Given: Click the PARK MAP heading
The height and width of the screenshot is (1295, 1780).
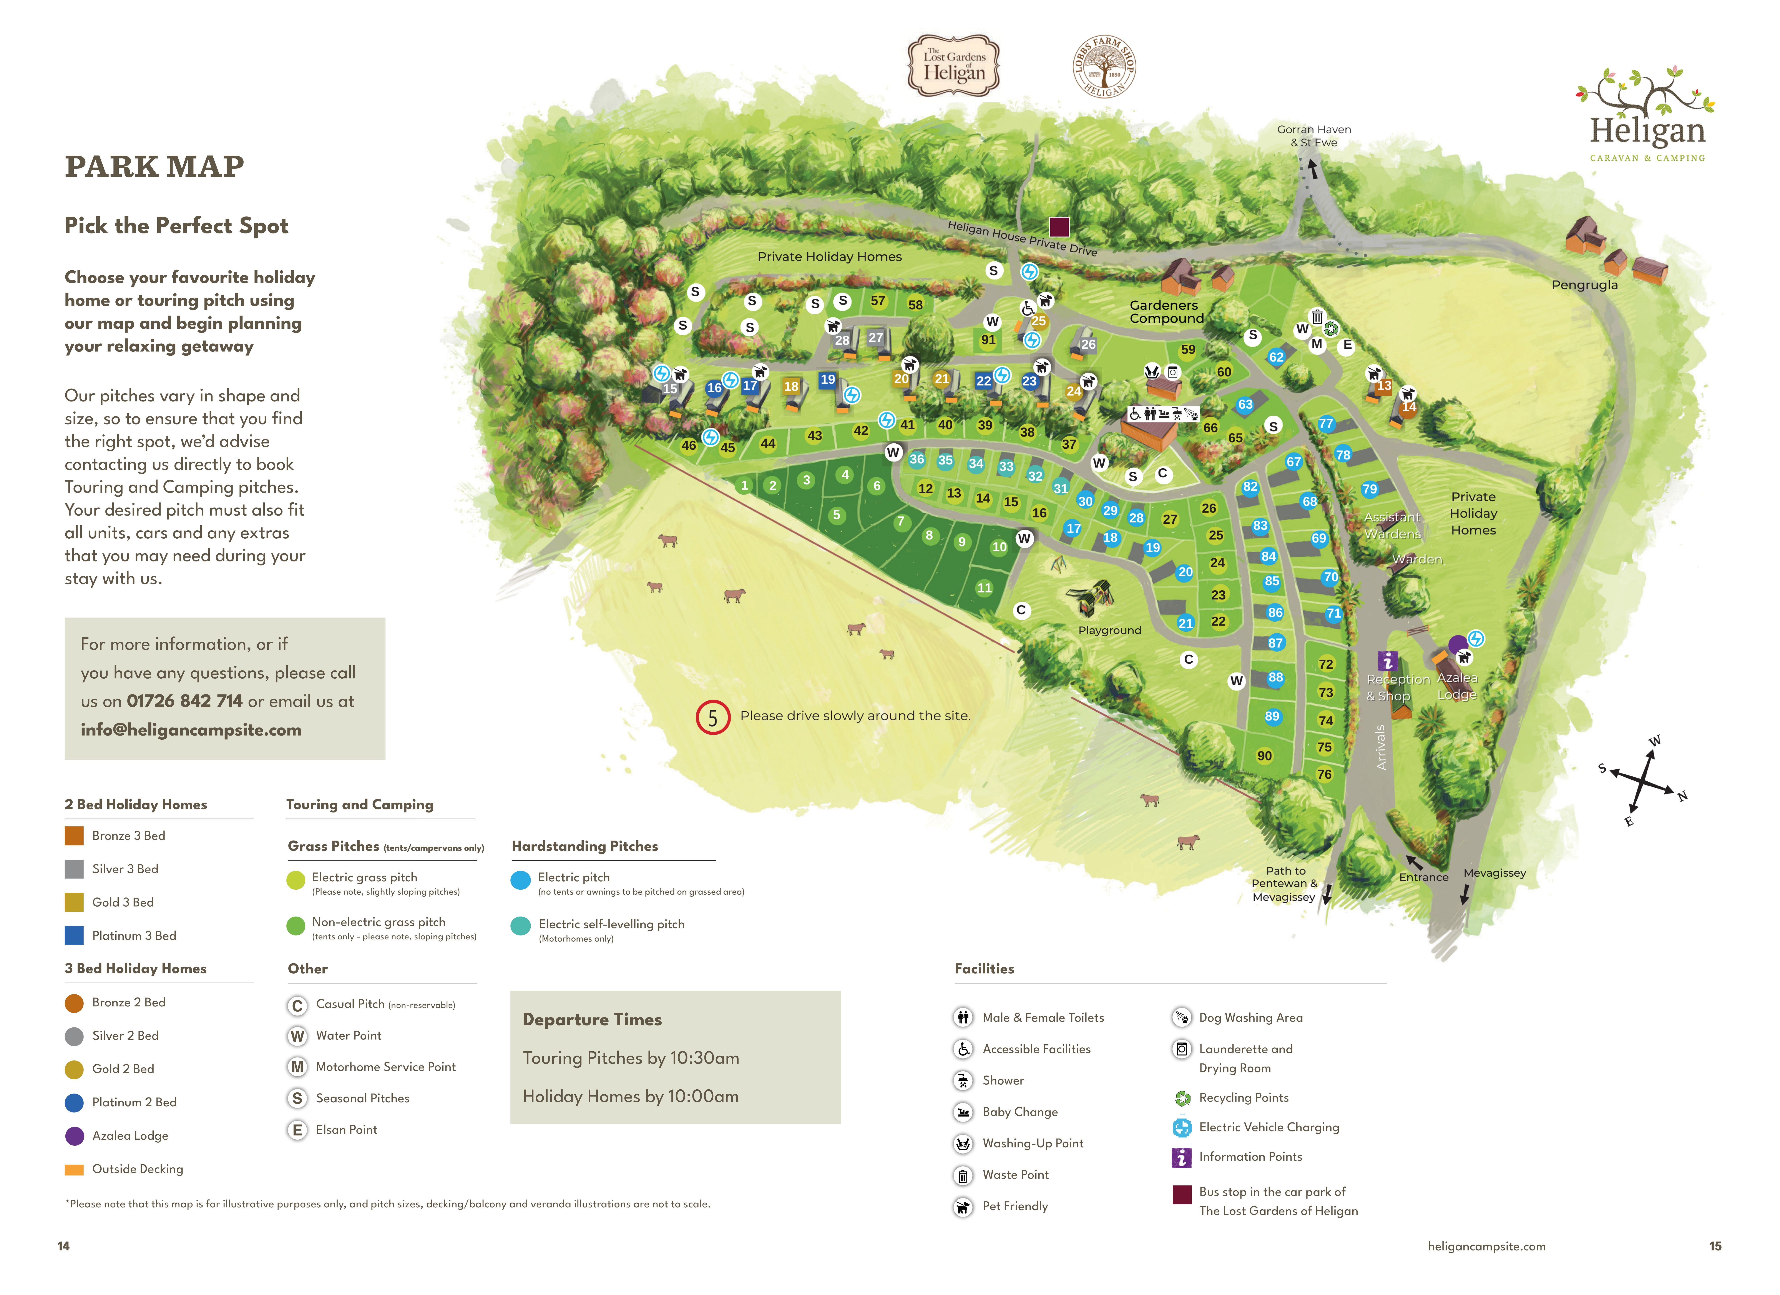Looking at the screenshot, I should click(x=155, y=166).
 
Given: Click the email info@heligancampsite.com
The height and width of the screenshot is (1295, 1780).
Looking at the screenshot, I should click(x=191, y=730).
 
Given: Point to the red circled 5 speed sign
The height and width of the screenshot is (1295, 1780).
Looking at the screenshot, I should click(x=713, y=717).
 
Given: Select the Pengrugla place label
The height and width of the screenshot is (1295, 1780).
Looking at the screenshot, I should click(x=1584, y=285).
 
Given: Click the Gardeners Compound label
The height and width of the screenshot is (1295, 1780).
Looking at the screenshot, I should click(x=1166, y=312).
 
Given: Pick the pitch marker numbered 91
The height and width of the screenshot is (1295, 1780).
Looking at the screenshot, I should click(x=988, y=340).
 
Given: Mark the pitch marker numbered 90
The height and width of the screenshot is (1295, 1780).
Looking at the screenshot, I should click(x=1264, y=756).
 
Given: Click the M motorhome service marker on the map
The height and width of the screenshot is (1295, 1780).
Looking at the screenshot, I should click(x=1317, y=344).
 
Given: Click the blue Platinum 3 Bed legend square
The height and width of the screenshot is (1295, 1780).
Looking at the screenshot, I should click(x=74, y=935).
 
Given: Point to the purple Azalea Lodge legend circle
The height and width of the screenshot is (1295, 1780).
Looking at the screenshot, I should click(x=74, y=1136).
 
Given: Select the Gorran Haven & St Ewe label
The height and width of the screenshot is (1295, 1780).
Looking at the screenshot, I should click(x=1314, y=136).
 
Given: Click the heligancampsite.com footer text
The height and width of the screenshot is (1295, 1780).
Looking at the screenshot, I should click(x=1486, y=1246).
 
